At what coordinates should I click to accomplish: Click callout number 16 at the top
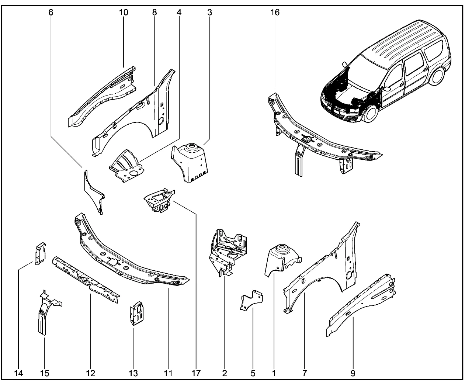[275, 12]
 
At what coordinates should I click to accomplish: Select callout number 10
[124, 12]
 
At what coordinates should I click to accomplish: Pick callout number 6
[51, 12]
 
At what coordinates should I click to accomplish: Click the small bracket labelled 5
[252, 301]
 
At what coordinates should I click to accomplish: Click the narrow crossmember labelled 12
[87, 278]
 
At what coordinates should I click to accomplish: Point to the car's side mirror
[386, 89]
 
